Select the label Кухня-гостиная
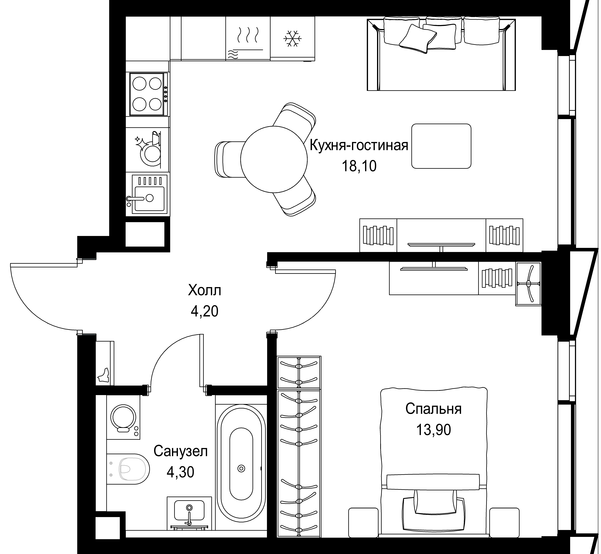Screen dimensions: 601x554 [x=359, y=146]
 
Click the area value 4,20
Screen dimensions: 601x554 [x=205, y=312]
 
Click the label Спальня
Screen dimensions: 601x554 [x=434, y=409]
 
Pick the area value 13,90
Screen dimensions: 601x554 [x=434, y=430]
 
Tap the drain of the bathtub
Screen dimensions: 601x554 [x=241, y=468]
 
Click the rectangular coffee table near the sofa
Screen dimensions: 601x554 [x=441, y=146]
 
